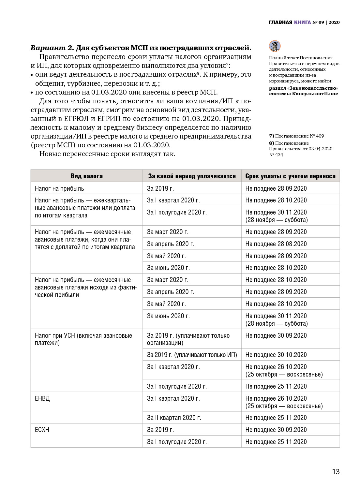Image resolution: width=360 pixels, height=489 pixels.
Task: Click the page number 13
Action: [x=336, y=471]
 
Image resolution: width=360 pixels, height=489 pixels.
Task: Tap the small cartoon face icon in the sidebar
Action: [x=275, y=46]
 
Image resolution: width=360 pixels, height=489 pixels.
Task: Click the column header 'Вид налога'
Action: [x=86, y=176]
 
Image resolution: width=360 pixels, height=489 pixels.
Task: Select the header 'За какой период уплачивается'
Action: [x=192, y=176]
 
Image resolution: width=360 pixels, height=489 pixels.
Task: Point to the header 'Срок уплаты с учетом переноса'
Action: [x=290, y=176]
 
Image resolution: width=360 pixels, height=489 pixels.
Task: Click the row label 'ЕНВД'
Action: [x=42, y=398]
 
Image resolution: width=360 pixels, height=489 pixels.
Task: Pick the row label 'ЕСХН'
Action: [x=42, y=430]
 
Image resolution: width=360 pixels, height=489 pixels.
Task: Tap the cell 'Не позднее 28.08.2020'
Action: [x=276, y=244]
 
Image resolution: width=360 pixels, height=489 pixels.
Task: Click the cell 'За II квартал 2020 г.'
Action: [x=174, y=418]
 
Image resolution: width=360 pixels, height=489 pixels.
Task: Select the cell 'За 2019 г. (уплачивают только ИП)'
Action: [x=192, y=355]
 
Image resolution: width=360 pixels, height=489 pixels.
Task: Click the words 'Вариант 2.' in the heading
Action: [x=52, y=48]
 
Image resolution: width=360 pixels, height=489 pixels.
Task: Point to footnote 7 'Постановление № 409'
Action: [x=296, y=136]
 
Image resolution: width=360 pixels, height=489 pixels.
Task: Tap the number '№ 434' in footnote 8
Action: [x=276, y=155]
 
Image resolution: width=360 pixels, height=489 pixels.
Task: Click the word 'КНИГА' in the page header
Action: [x=302, y=22]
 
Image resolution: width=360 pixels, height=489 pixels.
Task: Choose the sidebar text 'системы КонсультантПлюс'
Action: [x=303, y=94]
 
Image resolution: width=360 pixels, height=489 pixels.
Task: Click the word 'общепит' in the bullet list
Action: [x=49, y=83]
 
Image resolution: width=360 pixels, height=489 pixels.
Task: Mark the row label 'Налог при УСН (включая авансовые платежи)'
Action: [x=83, y=339]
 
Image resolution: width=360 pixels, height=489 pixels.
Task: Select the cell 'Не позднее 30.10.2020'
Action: [x=276, y=355]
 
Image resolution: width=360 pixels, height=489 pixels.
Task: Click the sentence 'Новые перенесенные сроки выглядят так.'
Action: [x=107, y=154]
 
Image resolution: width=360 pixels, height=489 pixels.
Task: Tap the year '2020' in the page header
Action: [x=334, y=22]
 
